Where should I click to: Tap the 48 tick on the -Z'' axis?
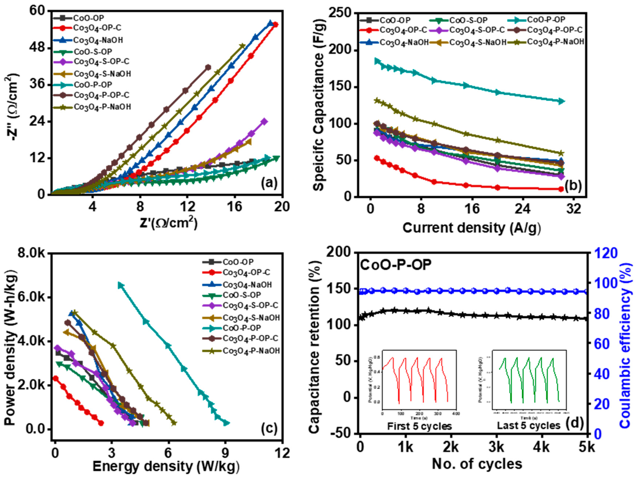point(38,48)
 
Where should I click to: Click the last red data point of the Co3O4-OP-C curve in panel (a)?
point(275,25)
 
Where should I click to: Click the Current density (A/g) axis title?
point(471,228)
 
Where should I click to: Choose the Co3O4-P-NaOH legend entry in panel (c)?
point(251,351)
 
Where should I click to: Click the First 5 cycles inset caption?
point(419,426)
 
